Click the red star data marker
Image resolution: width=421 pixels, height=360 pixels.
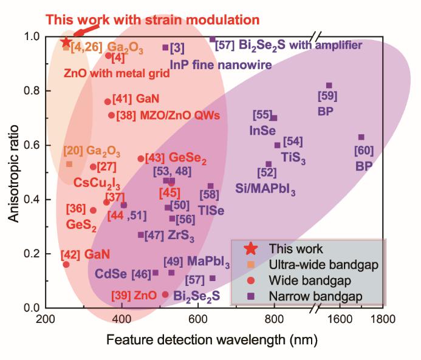[x=66, y=42]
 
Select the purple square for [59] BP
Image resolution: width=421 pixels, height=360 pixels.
[x=329, y=86]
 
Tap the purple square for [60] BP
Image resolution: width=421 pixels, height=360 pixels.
[x=361, y=137]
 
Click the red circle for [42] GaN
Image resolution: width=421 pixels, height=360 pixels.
[x=66, y=264]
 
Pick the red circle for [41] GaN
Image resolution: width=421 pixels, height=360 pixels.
[x=108, y=102]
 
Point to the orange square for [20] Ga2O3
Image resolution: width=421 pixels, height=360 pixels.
[x=69, y=164]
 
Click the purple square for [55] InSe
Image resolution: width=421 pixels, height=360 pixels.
[x=273, y=118]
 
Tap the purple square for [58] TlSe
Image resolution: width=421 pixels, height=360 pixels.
[x=211, y=186]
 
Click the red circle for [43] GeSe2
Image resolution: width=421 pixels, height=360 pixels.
[x=141, y=158]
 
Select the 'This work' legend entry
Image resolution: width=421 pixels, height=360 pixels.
[x=289, y=248]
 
